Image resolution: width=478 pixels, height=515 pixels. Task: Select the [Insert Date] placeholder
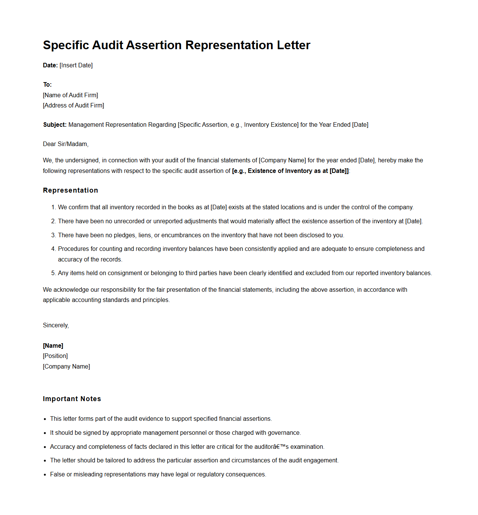coord(76,65)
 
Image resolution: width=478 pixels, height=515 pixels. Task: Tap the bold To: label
coord(47,84)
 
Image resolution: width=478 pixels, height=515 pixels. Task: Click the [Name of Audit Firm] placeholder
coord(70,95)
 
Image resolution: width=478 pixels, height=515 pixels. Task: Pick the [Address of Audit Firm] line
coord(73,105)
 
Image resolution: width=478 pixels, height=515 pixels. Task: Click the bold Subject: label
coord(55,124)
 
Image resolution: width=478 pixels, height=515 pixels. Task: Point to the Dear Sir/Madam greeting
coord(65,144)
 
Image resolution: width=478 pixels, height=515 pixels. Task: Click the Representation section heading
coord(70,190)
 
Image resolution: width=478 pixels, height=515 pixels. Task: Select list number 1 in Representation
coord(53,207)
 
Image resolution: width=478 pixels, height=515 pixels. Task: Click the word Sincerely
coord(56,325)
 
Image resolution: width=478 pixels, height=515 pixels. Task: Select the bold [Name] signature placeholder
coord(53,345)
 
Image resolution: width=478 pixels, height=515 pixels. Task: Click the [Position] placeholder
coord(55,356)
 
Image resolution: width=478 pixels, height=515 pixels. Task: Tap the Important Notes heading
coord(72,399)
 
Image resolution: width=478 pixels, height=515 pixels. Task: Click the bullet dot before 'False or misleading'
coord(45,475)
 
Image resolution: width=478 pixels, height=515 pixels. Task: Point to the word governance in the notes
coord(284,433)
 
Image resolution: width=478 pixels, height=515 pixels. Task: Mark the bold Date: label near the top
coord(50,65)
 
